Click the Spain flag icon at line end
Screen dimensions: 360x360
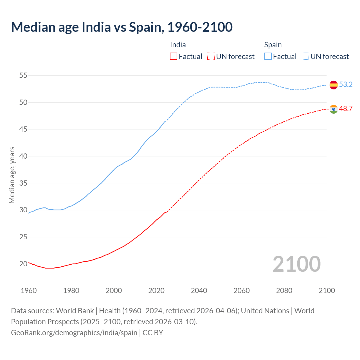click(334, 85)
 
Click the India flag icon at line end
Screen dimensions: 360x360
click(334, 109)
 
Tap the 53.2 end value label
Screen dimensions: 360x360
click(346, 84)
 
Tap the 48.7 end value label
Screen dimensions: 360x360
click(346, 109)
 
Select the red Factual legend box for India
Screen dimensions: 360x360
click(174, 57)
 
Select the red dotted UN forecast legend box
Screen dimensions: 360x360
click(211, 57)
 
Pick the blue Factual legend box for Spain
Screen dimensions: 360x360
click(268, 57)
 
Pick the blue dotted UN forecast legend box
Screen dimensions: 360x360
click(305, 57)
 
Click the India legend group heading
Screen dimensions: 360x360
click(178, 45)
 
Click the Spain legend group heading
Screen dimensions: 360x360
click(273, 45)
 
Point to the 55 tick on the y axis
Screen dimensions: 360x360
click(23, 75)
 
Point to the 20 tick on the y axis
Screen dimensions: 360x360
click(23, 264)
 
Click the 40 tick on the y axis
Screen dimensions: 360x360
click(23, 156)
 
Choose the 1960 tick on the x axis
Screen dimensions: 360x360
click(29, 291)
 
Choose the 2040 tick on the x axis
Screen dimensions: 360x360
click(199, 291)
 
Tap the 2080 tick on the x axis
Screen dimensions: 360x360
click(284, 291)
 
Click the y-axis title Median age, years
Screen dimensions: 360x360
click(12, 175)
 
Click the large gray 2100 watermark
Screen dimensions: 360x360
click(296, 264)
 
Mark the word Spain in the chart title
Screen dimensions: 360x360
click(145, 27)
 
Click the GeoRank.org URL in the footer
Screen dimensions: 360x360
click(74, 332)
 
